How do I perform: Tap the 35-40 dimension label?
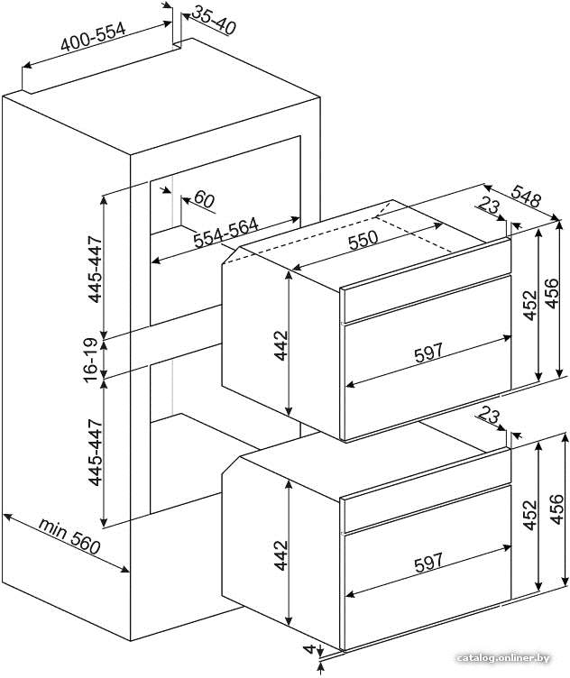213,20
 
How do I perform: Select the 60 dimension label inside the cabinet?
204,200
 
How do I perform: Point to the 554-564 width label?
225,233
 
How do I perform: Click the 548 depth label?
527,196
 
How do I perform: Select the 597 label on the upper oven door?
428,353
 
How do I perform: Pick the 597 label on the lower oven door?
428,563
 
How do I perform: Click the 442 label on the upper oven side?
281,345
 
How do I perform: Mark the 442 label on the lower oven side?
281,554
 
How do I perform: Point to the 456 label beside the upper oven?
551,294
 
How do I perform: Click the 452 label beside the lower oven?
530,515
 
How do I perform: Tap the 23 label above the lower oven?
489,416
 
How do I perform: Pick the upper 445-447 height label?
95,269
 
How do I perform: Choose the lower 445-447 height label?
95,453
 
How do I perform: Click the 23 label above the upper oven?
489,206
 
